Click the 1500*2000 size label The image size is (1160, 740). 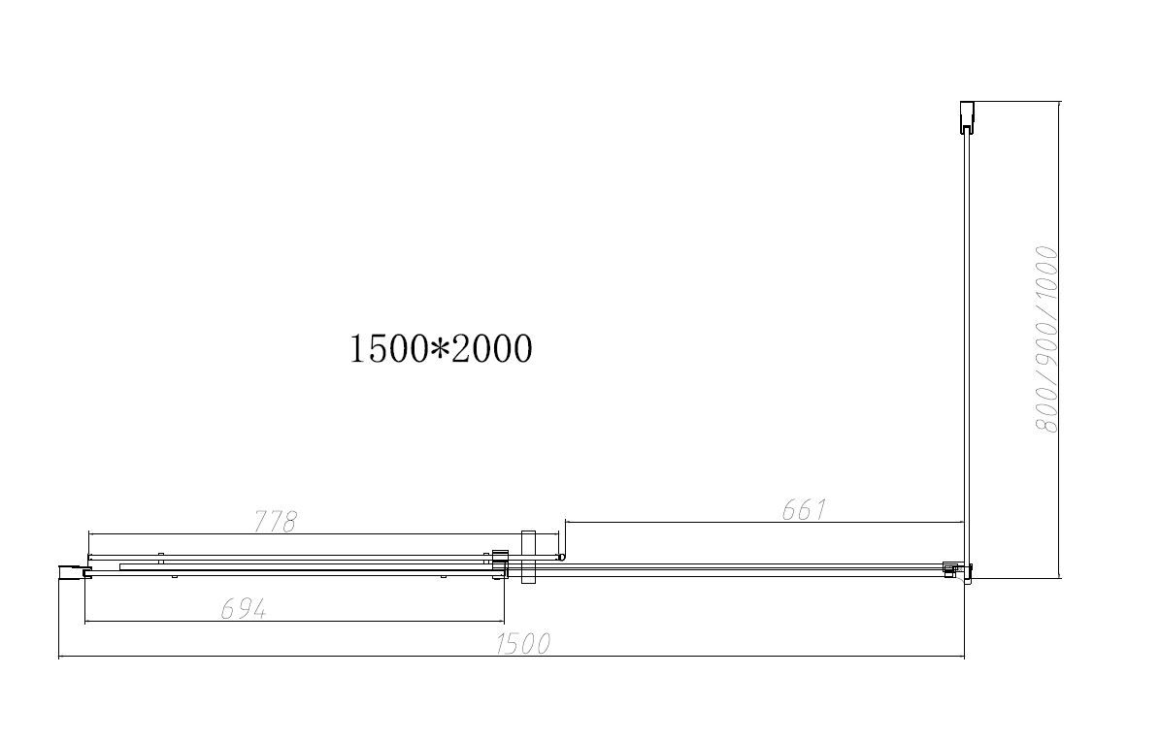tap(440, 347)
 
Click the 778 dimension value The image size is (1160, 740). tap(275, 521)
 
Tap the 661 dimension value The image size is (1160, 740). tap(804, 509)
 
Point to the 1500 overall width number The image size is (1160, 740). tap(522, 643)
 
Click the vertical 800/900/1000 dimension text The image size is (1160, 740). tap(1044, 339)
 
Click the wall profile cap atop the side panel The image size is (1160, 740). tap(966, 116)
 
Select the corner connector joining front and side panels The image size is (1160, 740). tap(955, 571)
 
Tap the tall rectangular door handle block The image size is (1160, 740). tap(528, 557)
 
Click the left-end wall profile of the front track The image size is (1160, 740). tap(73, 572)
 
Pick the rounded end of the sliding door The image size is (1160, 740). tap(561, 557)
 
